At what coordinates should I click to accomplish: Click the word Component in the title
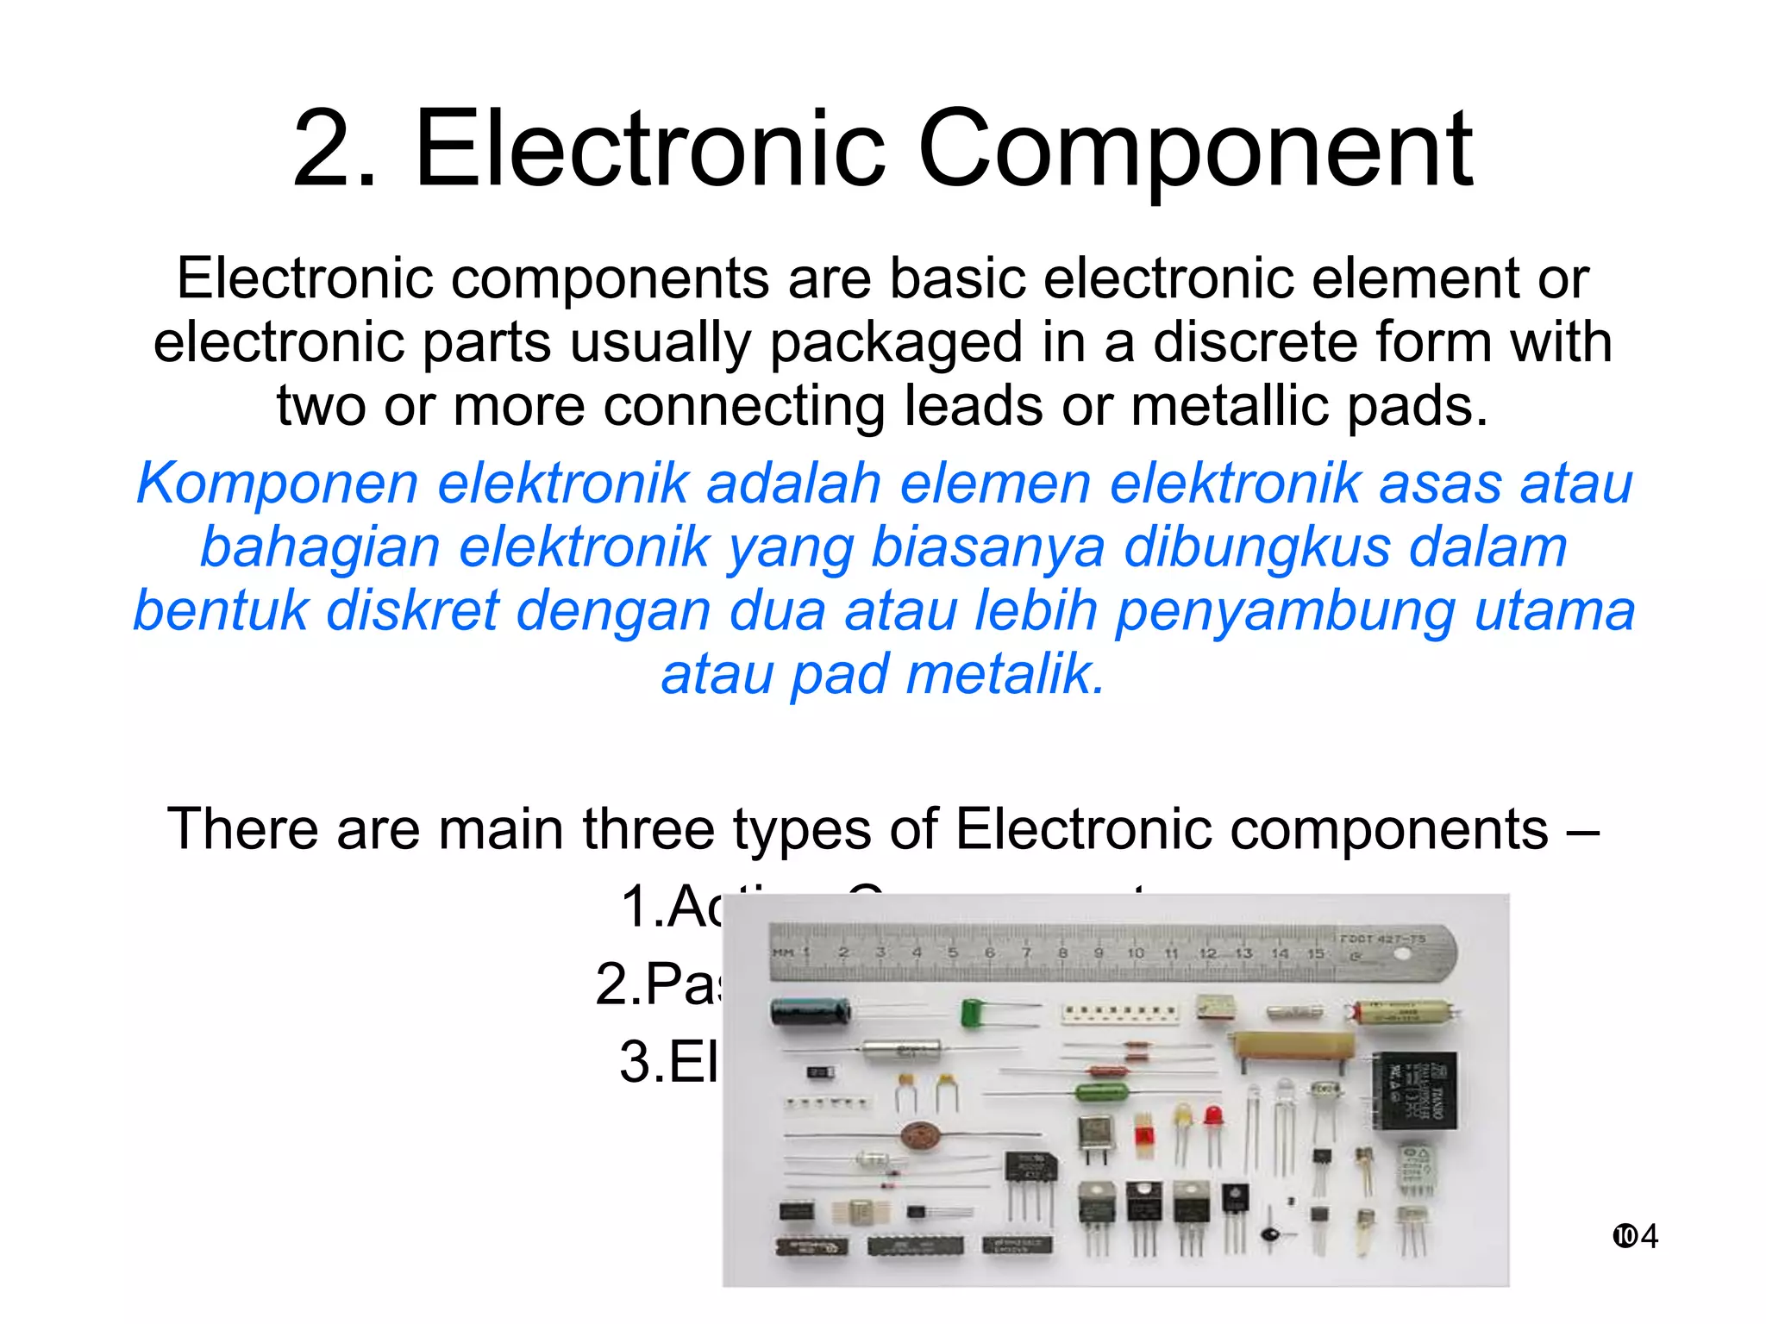click(1194, 151)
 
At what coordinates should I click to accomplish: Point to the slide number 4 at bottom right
click(1648, 1236)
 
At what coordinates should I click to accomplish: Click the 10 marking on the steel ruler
click(1135, 952)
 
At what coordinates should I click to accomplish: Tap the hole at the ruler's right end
click(1403, 954)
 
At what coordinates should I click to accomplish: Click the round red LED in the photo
click(1214, 1116)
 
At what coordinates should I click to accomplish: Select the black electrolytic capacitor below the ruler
click(809, 1011)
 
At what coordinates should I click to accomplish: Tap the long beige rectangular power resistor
click(1290, 1046)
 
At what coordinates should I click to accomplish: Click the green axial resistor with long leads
click(1102, 1093)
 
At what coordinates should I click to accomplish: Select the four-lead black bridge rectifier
click(1030, 1171)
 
